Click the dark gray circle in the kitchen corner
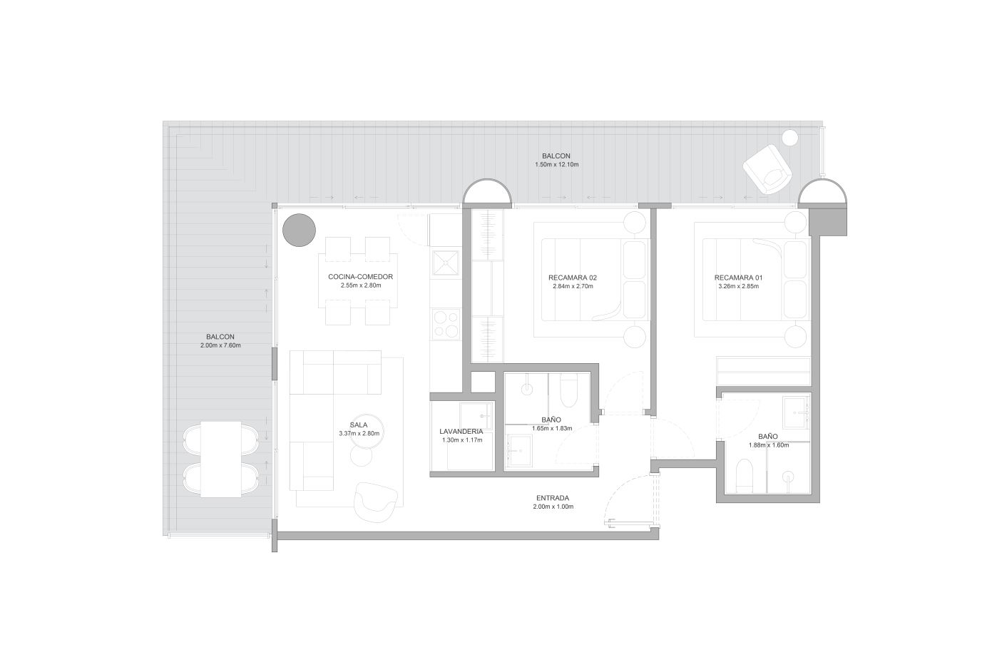[299, 230]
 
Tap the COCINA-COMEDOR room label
[361, 277]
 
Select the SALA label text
[358, 425]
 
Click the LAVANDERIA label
[461, 431]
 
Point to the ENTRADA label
[553, 498]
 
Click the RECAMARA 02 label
[573, 278]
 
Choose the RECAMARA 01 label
[738, 278]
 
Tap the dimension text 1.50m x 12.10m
[556, 165]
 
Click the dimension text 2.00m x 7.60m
[220, 345]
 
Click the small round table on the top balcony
[790, 137]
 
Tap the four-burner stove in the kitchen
[446, 324]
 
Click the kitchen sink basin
[446, 263]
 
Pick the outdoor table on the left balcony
[221, 460]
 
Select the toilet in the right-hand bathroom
[745, 476]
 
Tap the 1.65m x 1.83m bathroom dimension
[552, 429]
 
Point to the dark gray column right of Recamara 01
[828, 221]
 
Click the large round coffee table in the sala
[367, 432]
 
